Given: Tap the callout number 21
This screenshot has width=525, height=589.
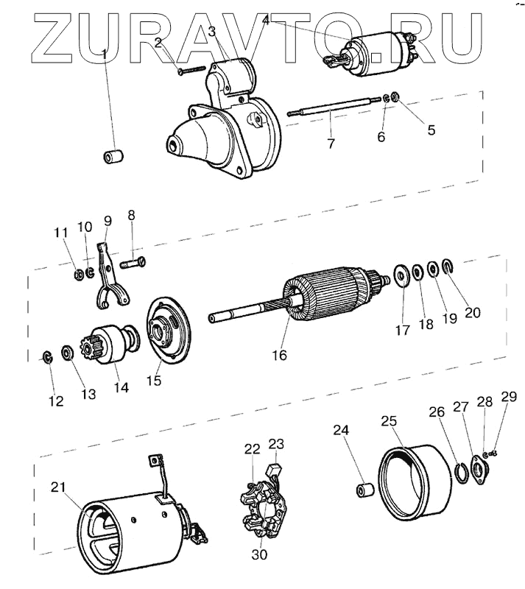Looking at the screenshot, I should click(59, 487).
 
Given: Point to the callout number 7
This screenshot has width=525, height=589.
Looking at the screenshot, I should click(331, 143).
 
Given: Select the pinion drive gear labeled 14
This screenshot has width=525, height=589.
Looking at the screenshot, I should click(113, 342).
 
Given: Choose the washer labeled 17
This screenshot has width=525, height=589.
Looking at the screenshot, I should click(404, 276).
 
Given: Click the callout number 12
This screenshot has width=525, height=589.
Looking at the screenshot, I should click(56, 401).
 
